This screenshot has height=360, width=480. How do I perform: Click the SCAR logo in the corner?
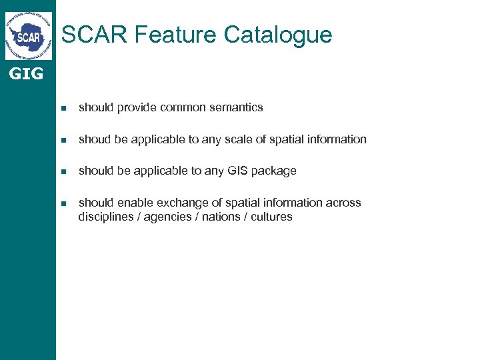tap(28, 36)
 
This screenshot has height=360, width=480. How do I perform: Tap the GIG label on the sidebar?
tap(26, 74)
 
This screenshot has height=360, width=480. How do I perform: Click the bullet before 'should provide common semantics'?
tap(63, 108)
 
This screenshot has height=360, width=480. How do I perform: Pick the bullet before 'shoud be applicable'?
tap(63, 140)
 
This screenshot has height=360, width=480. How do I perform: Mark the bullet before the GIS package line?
tap(63, 171)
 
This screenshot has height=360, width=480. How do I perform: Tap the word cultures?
tap(271, 217)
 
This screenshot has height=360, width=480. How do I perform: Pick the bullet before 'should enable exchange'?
tap(63, 203)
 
